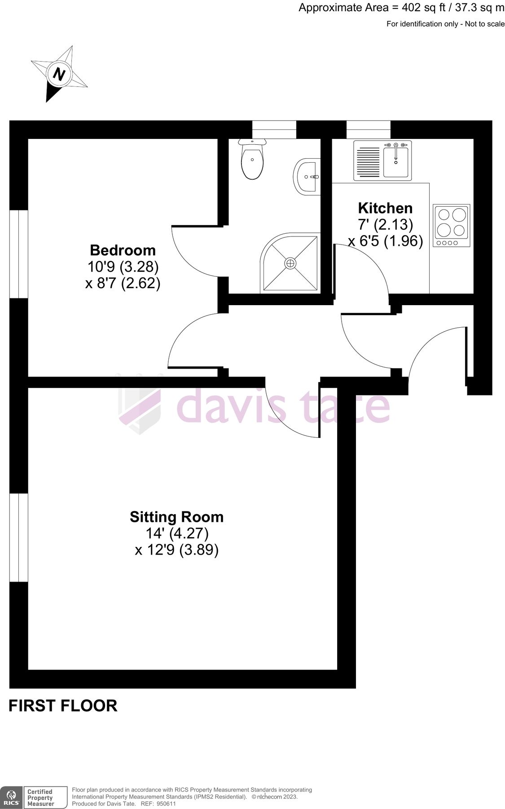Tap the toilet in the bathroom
click(x=253, y=159)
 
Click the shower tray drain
click(x=290, y=263)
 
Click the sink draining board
click(x=368, y=161)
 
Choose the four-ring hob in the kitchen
click(x=452, y=226)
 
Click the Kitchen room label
click(x=385, y=208)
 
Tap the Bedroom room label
click(x=123, y=250)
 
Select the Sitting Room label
click(x=176, y=517)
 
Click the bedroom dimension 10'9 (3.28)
click(x=123, y=267)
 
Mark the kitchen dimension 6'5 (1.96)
click(x=392, y=241)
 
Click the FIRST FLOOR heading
click(x=63, y=706)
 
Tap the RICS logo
click(x=11, y=797)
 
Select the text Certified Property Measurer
click(x=40, y=797)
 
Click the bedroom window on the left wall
click(x=18, y=254)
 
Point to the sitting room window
click(x=18, y=538)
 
